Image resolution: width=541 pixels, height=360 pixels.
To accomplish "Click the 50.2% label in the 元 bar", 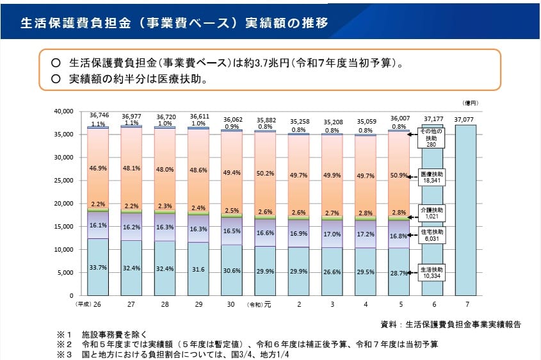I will coord(265,174).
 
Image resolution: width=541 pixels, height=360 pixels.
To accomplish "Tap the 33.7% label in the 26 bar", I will coord(98,268).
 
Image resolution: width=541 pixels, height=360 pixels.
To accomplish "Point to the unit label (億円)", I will coord(470,102).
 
